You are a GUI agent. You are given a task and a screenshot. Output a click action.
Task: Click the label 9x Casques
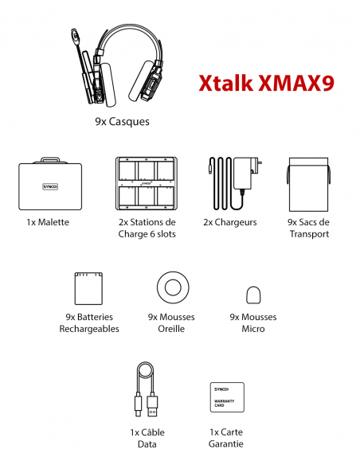pyautogui.click(x=122, y=123)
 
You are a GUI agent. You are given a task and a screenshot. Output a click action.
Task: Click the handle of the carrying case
pyautogui.click(x=50, y=159)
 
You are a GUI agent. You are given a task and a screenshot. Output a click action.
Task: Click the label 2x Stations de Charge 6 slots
pyautogui.click(x=147, y=228)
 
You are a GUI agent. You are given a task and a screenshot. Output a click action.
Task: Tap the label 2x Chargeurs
pyautogui.click(x=229, y=222)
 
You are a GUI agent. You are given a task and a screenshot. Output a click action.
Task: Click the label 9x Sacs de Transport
pyautogui.click(x=308, y=228)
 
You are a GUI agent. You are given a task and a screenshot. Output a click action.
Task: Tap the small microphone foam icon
pyautogui.click(x=253, y=295)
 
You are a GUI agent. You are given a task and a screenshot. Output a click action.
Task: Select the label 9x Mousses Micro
pyautogui.click(x=253, y=322)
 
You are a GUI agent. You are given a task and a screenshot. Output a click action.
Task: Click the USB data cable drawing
pyautogui.click(x=146, y=391)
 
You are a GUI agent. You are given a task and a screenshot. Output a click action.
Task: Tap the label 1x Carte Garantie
pyautogui.click(x=226, y=438)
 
